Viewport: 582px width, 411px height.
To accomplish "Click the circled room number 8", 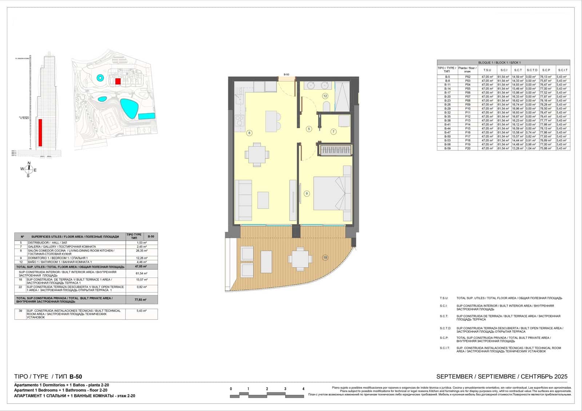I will point(249,133).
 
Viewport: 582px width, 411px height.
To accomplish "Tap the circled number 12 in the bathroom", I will point(325,96).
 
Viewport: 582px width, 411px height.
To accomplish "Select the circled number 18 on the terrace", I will point(325,258).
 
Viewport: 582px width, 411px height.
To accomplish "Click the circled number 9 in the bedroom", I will point(307,194).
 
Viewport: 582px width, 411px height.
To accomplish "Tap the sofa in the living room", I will point(243,200).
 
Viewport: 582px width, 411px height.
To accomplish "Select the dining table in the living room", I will point(257,155).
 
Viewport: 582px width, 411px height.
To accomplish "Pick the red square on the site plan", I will point(118,81).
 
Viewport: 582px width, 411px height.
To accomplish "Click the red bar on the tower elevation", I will point(40,133).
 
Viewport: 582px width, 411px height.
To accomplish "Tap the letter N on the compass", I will point(29,163).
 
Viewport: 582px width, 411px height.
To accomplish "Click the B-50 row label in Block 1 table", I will point(447,137).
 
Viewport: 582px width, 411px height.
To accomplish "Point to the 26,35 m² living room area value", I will point(141,251).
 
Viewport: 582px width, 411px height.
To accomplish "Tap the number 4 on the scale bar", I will point(303,389).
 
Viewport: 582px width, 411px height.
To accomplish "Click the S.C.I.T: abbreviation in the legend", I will point(445,348).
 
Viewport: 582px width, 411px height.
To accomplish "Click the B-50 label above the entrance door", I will point(287,74).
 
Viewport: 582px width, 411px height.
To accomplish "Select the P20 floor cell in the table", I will point(467,149).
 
